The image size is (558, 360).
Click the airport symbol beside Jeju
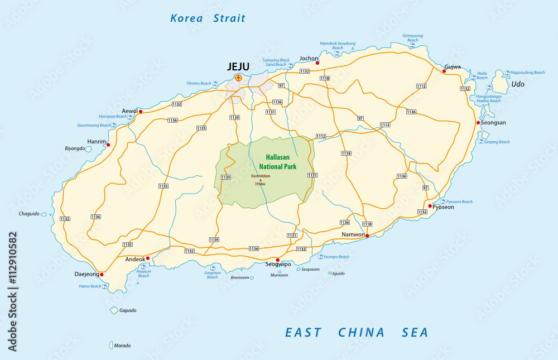click(239, 78)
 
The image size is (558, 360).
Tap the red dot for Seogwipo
click(277, 260)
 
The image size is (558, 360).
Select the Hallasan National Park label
click(278, 162)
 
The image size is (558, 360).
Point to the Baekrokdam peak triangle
click(260, 180)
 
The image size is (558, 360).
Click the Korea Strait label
click(208, 18)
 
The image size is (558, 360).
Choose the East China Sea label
click(357, 333)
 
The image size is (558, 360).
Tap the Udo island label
click(518, 84)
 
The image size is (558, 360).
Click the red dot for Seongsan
click(478, 123)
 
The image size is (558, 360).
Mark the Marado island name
click(122, 345)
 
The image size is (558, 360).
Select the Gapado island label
click(127, 310)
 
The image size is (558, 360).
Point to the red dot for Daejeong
click(102, 275)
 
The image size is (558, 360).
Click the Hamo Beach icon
click(106, 286)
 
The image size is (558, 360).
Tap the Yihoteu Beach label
click(199, 83)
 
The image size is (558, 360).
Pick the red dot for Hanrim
click(108, 145)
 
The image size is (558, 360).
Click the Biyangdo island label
click(75, 148)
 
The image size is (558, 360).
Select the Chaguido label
click(28, 213)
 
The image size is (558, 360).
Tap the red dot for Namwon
click(367, 236)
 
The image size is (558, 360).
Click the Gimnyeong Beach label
click(412, 38)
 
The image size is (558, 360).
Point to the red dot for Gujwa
click(444, 71)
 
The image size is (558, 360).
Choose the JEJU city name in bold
click(238, 66)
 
